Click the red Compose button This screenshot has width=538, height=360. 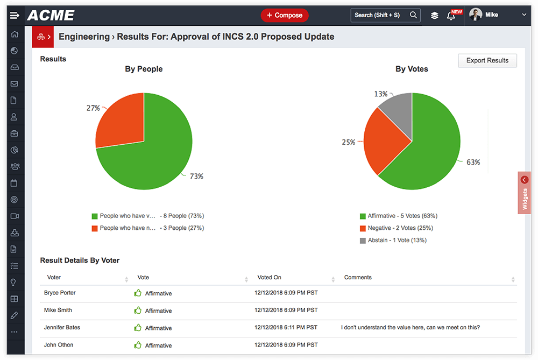(285, 15)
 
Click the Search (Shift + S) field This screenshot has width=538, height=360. (380, 15)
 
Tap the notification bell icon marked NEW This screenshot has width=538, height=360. (451, 16)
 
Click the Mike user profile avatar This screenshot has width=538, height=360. (476, 15)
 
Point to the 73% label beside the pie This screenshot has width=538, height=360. (196, 177)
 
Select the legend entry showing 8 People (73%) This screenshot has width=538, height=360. (147, 216)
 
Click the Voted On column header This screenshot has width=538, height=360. (269, 278)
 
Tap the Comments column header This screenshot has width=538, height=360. (358, 278)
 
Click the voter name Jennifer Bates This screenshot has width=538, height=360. (62, 328)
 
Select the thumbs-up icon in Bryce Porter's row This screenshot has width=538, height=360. (138, 293)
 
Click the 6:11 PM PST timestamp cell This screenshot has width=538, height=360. (286, 328)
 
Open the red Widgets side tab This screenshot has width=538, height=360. (524, 193)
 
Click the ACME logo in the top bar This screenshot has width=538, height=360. (51, 15)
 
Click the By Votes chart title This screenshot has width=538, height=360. (412, 69)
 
